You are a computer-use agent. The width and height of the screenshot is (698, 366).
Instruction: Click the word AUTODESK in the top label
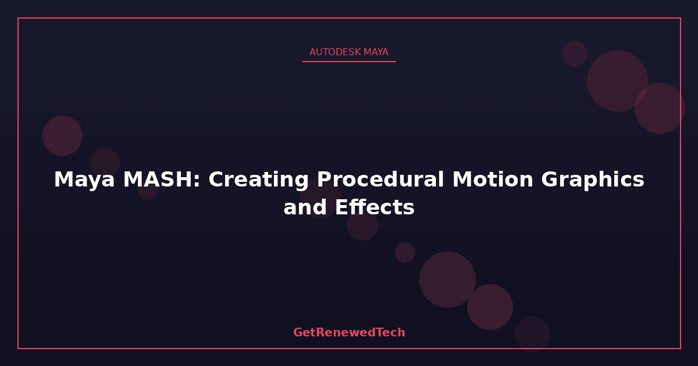[335, 52]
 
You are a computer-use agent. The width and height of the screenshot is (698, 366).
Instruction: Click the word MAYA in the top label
[376, 52]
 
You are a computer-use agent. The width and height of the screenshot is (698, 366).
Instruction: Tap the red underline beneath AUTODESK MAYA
[349, 62]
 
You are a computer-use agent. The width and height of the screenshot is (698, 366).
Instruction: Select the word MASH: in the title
[162, 180]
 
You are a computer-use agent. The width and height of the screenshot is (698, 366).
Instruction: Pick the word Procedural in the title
[380, 179]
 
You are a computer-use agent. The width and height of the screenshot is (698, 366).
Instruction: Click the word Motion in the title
[493, 180]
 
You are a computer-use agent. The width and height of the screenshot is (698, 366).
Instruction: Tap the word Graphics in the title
[593, 180]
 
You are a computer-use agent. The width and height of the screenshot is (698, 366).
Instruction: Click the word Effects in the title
[375, 207]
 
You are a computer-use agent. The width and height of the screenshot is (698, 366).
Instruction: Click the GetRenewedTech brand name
[349, 332]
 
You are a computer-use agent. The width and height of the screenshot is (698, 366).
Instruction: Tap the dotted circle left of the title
[62, 136]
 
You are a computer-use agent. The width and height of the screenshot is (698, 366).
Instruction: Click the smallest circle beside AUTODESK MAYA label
[575, 53]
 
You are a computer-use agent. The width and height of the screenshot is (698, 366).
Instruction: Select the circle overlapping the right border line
[660, 108]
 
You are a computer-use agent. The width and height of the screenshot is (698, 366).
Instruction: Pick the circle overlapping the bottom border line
[532, 334]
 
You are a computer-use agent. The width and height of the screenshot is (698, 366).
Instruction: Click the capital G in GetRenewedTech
[298, 332]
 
